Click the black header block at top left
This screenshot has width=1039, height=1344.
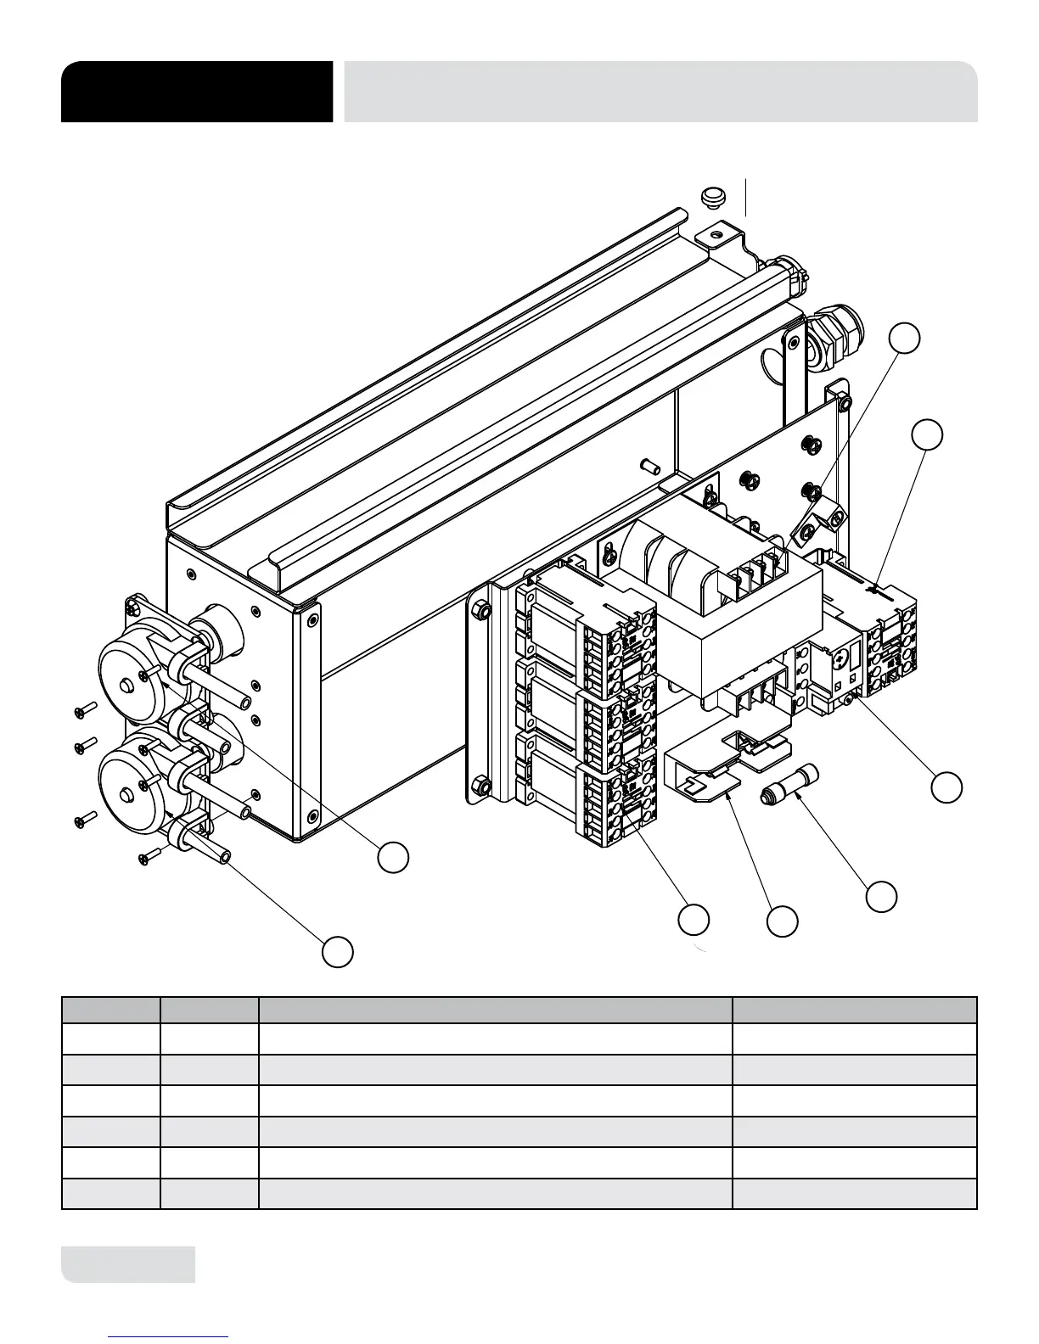pyautogui.click(x=196, y=92)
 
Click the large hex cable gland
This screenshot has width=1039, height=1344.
pyautogui.click(x=835, y=337)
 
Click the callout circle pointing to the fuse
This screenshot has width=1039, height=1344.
pyautogui.click(x=881, y=896)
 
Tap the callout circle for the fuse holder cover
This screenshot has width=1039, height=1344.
pyautogui.click(x=782, y=921)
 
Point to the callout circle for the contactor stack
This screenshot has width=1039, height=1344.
pyautogui.click(x=694, y=921)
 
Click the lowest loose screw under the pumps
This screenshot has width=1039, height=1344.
pyautogui.click(x=149, y=858)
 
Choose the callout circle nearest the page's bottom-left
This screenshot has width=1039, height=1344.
pyautogui.click(x=337, y=951)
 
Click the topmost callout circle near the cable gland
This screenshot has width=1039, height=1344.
pyautogui.click(x=905, y=338)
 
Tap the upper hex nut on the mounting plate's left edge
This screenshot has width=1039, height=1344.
pyautogui.click(x=479, y=608)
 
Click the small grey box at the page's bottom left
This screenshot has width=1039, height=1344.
pyautogui.click(x=128, y=1264)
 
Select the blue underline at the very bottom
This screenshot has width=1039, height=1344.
pyautogui.click(x=169, y=1336)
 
